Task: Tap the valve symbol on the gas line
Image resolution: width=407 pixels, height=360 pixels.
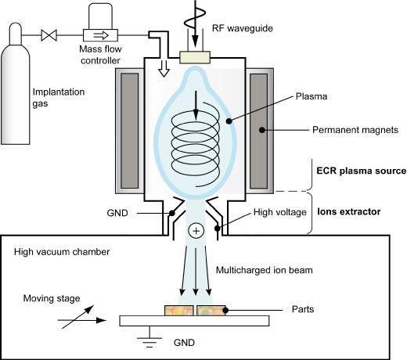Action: pyautogui.click(x=49, y=35)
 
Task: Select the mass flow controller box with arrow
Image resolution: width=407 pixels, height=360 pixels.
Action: pyautogui.click(x=100, y=35)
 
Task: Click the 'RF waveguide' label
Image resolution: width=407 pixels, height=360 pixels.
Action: pyautogui.click(x=243, y=28)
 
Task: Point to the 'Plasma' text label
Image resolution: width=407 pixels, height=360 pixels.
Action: pyautogui.click(x=312, y=96)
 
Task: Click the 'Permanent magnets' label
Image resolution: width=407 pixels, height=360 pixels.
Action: pyautogui.click(x=355, y=130)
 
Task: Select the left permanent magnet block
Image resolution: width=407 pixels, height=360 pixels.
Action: pyautogui.click(x=129, y=131)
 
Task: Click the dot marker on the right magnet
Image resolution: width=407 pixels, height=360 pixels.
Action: pyautogui.click(x=262, y=130)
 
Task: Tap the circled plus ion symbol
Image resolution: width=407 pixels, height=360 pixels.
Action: pyautogui.click(x=196, y=231)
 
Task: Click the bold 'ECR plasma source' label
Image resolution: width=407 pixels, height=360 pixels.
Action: pyautogui.click(x=362, y=171)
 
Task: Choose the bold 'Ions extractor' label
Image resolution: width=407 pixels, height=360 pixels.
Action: pyautogui.click(x=349, y=211)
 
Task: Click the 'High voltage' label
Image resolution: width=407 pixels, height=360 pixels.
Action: pyautogui.click(x=280, y=212)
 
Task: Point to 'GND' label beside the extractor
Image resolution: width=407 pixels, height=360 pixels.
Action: pyautogui.click(x=117, y=213)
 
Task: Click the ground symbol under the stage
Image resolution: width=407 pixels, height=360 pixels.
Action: pyautogui.click(x=149, y=338)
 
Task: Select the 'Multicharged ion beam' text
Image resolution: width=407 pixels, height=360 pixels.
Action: pyautogui.click(x=265, y=270)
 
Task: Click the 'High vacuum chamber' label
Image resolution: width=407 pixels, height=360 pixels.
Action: pyautogui.click(x=62, y=252)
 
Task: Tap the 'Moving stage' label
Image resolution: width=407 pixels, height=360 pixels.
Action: pyautogui.click(x=52, y=298)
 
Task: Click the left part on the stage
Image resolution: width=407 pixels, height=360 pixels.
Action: pyautogui.click(x=179, y=311)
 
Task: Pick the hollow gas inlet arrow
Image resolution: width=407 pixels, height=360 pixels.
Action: pyautogui.click(x=164, y=68)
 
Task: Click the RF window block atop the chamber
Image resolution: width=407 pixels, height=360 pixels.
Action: pyautogui.click(x=195, y=57)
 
